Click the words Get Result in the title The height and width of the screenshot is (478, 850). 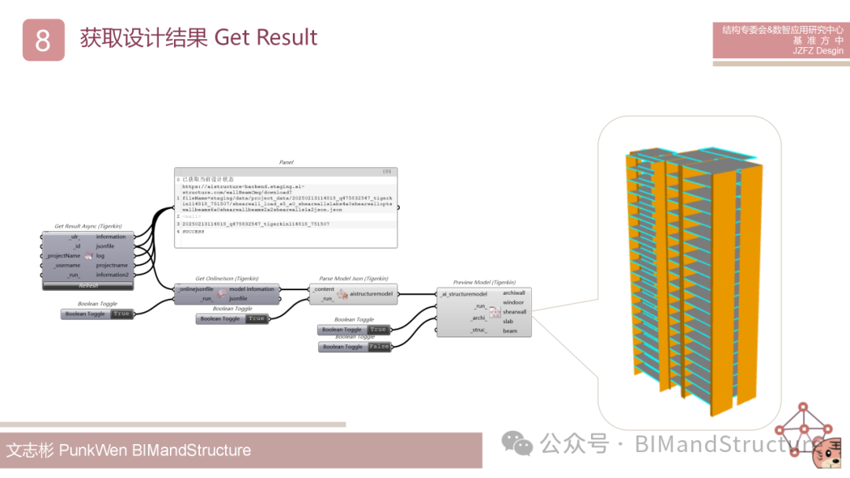(x=265, y=37)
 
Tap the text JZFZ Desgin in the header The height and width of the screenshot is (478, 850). (x=818, y=51)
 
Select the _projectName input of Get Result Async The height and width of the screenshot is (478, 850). (x=63, y=256)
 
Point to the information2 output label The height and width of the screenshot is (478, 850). (x=113, y=274)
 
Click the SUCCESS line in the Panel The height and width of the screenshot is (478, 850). (x=194, y=232)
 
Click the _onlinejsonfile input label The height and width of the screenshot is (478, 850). (x=197, y=289)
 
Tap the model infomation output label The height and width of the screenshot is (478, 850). (x=252, y=289)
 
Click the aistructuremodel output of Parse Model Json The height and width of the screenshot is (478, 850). (x=371, y=293)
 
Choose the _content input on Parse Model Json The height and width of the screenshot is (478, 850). (x=323, y=289)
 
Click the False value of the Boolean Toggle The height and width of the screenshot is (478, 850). (x=379, y=347)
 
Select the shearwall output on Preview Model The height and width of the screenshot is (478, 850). (x=514, y=311)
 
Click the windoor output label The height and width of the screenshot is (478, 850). (x=513, y=302)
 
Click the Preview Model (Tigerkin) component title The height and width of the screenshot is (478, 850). (x=484, y=282)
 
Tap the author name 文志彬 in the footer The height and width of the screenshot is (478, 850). (x=30, y=450)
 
